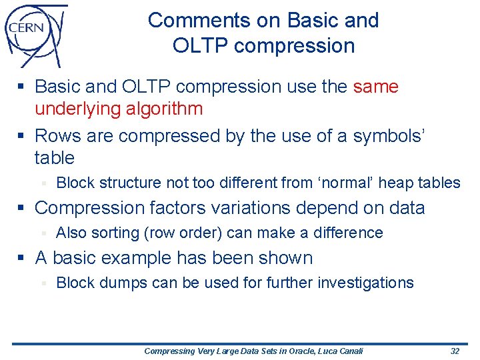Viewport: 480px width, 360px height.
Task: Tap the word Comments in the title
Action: click(195, 20)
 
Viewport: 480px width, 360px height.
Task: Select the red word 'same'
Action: click(375, 87)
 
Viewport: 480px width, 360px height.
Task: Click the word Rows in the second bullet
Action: click(57, 136)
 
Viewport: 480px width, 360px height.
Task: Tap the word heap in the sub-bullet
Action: click(395, 183)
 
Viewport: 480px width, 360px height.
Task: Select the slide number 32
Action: click(455, 351)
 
